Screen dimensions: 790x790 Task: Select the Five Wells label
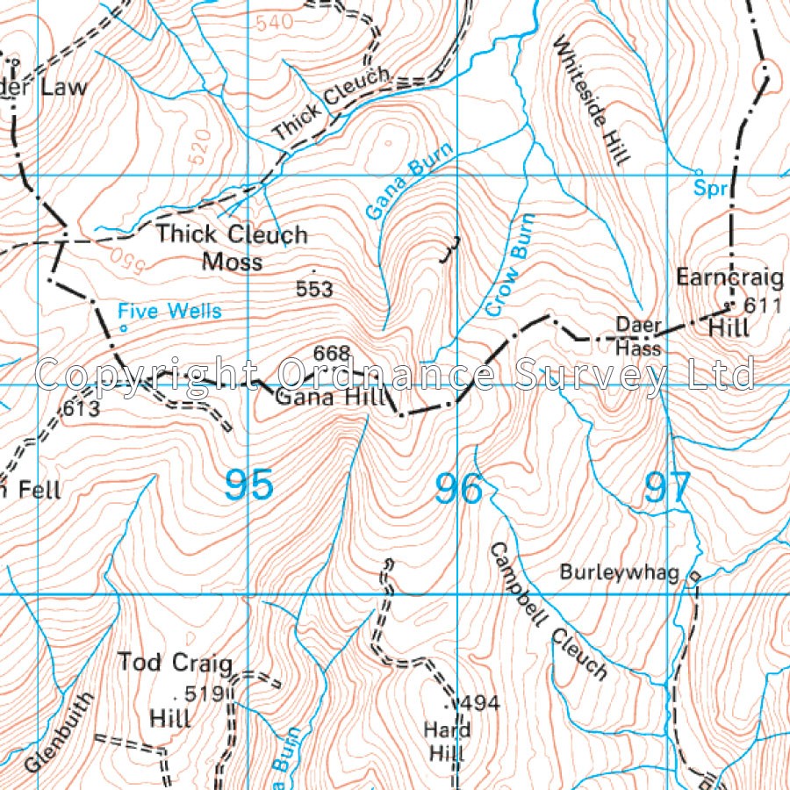(x=170, y=312)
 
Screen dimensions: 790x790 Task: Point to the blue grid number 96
(x=459, y=489)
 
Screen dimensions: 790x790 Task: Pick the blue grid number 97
(x=667, y=488)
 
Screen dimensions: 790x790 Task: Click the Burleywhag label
(x=620, y=573)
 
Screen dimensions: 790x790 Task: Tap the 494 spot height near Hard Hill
(x=479, y=703)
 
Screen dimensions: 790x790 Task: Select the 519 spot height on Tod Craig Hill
(x=210, y=693)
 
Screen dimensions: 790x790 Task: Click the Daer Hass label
(x=637, y=335)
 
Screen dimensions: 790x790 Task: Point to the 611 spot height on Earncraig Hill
(x=762, y=306)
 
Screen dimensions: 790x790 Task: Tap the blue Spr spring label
(x=712, y=188)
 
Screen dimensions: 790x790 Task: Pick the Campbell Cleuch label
(x=548, y=611)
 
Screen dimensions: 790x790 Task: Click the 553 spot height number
(x=314, y=289)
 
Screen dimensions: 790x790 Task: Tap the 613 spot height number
(x=81, y=409)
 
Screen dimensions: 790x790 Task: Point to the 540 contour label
(x=274, y=24)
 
